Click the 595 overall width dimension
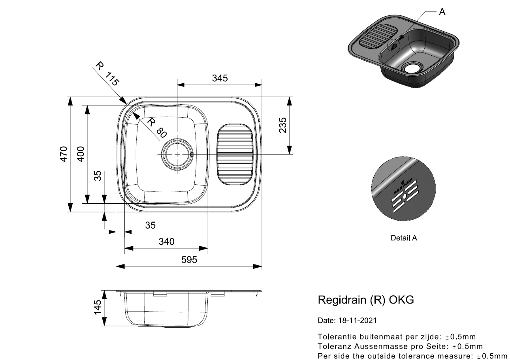[x=189, y=260]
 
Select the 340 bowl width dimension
[x=166, y=241]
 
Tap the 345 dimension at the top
[x=220, y=78]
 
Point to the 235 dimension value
[x=282, y=125]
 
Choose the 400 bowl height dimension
[x=81, y=154]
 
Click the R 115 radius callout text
[x=107, y=74]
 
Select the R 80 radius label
[x=155, y=127]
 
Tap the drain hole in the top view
[x=177, y=154]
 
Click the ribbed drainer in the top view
[x=235, y=154]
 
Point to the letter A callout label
[x=442, y=12]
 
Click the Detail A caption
[x=404, y=238]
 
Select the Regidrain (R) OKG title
[x=366, y=300]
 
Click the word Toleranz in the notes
[x=333, y=347]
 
